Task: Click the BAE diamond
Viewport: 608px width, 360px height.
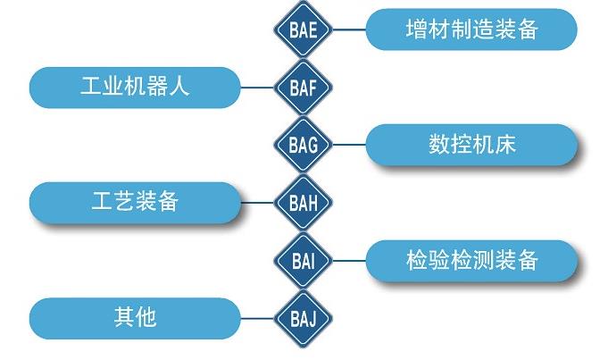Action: click(303, 29)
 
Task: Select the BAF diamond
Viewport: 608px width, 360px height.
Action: click(303, 88)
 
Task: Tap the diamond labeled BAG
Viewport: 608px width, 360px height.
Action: click(303, 145)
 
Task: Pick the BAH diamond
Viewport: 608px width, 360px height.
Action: click(303, 202)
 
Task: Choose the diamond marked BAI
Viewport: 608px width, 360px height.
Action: click(303, 261)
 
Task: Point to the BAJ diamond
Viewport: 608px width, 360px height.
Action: click(303, 317)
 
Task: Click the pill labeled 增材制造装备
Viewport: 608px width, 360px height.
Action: click(471, 29)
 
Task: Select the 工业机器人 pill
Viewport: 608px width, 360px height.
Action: click(135, 88)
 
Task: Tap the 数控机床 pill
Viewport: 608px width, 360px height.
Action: click(471, 145)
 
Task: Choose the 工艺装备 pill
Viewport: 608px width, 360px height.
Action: click(135, 202)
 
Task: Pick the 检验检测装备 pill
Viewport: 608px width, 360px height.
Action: click(471, 261)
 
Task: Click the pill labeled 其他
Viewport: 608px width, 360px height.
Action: click(135, 317)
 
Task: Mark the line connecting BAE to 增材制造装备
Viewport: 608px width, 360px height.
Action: click(349, 29)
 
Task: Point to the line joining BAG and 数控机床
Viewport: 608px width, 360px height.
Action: click(349, 145)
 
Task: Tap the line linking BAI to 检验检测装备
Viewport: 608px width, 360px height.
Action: click(349, 261)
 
